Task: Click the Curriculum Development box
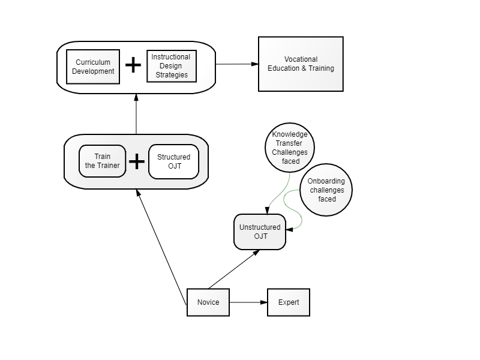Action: coord(93,67)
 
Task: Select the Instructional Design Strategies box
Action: coord(172,66)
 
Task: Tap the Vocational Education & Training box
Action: coord(301,64)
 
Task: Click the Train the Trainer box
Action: coord(102,161)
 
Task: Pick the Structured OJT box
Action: coord(173,161)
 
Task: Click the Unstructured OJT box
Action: coord(260,232)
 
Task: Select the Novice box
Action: coord(208,302)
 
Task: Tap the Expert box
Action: coord(289,302)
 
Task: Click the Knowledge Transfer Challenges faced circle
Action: coord(290,148)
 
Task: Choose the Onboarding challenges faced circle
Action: coord(326,190)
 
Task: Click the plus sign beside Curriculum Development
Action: coord(133,65)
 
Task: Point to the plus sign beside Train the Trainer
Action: coord(137,161)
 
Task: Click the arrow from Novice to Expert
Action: coord(248,302)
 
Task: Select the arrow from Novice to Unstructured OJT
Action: coord(234,269)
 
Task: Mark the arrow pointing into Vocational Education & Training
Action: coord(237,64)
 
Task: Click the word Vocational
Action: coord(301,59)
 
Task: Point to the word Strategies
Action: coord(172,75)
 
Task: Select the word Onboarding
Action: coord(326,181)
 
